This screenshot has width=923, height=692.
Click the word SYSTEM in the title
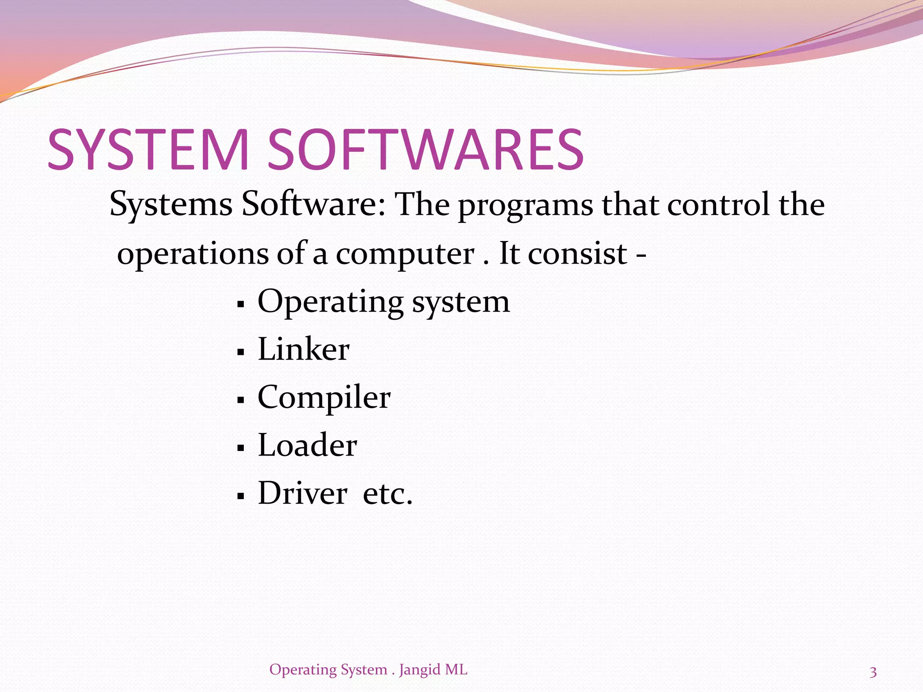pos(149,150)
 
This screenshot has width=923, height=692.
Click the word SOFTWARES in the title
pos(426,150)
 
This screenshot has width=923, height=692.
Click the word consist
pos(578,254)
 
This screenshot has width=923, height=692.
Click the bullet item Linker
pos(303,349)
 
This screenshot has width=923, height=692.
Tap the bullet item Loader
pos(307,445)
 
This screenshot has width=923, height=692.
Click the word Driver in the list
pos(302,493)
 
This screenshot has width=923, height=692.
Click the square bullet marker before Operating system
pos(241,305)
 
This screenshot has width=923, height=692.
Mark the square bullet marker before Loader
pos(241,448)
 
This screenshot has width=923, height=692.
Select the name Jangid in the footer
pos(420,670)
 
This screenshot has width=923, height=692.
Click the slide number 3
pos(873,672)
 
